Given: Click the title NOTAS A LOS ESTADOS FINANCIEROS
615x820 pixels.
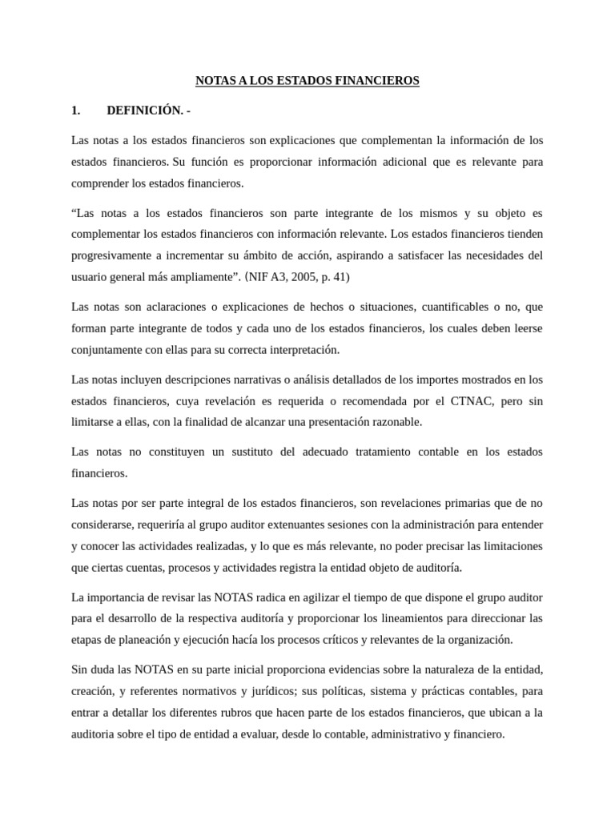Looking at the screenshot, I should pos(307,81).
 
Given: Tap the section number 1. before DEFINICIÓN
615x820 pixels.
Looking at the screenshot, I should pos(77,111).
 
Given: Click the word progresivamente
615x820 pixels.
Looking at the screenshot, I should pos(110,256).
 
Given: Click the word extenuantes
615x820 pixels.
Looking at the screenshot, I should pos(342,525).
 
